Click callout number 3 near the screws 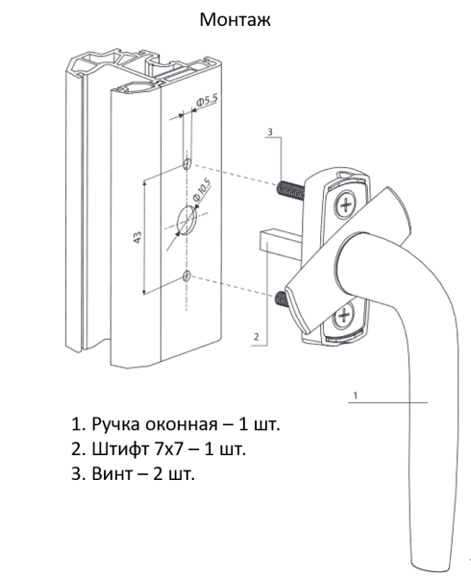point(271,131)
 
